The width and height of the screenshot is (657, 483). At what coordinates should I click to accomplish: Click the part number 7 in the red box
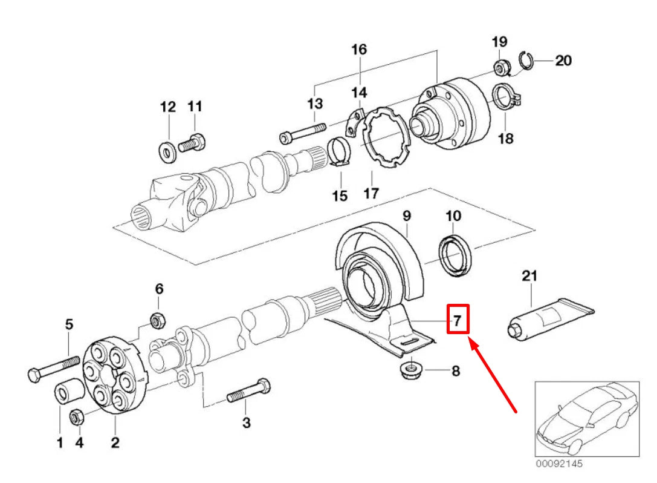pyautogui.click(x=458, y=320)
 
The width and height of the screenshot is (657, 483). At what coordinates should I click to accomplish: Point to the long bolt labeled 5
pyautogui.click(x=55, y=368)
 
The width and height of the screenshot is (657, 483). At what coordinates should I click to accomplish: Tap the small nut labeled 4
pyautogui.click(x=77, y=417)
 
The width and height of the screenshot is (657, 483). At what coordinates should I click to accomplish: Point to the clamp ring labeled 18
pyautogui.click(x=503, y=97)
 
